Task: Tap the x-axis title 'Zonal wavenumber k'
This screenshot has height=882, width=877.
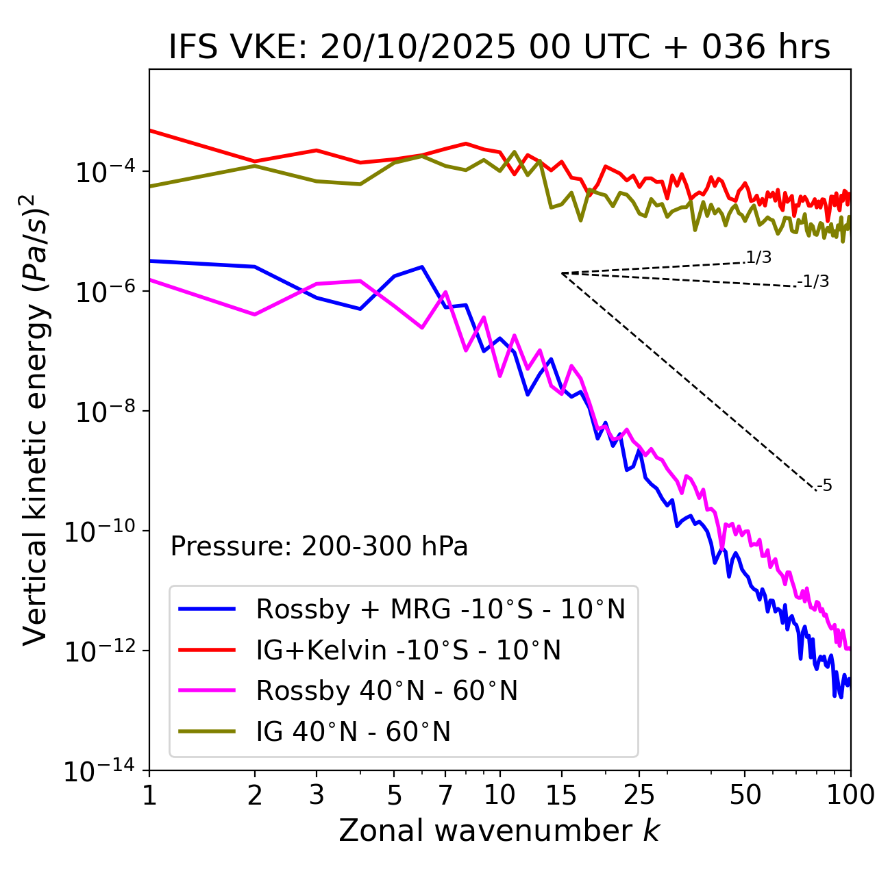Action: (x=499, y=831)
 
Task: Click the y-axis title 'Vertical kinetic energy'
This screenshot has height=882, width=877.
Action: (x=36, y=419)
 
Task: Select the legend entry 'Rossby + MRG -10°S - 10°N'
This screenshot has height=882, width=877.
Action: (x=440, y=609)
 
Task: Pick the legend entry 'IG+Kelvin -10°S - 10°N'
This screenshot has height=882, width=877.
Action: (x=408, y=650)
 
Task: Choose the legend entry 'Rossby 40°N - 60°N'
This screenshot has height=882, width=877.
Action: (x=386, y=691)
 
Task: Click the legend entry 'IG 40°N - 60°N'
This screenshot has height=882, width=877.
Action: (x=353, y=732)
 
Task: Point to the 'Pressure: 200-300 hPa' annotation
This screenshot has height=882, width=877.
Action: (x=319, y=546)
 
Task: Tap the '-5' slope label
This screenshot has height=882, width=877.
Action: (x=824, y=486)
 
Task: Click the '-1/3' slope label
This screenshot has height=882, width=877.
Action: (x=814, y=281)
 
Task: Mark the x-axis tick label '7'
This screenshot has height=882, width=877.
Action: (x=445, y=795)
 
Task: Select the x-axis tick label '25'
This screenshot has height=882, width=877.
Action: (x=639, y=795)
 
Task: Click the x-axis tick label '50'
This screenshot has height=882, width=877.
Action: (x=745, y=795)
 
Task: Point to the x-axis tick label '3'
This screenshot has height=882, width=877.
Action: (x=317, y=795)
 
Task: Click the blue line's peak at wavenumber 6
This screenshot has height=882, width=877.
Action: (x=422, y=267)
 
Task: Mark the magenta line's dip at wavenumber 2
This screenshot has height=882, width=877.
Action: (x=255, y=314)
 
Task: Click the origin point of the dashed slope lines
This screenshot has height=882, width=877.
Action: (x=562, y=273)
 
